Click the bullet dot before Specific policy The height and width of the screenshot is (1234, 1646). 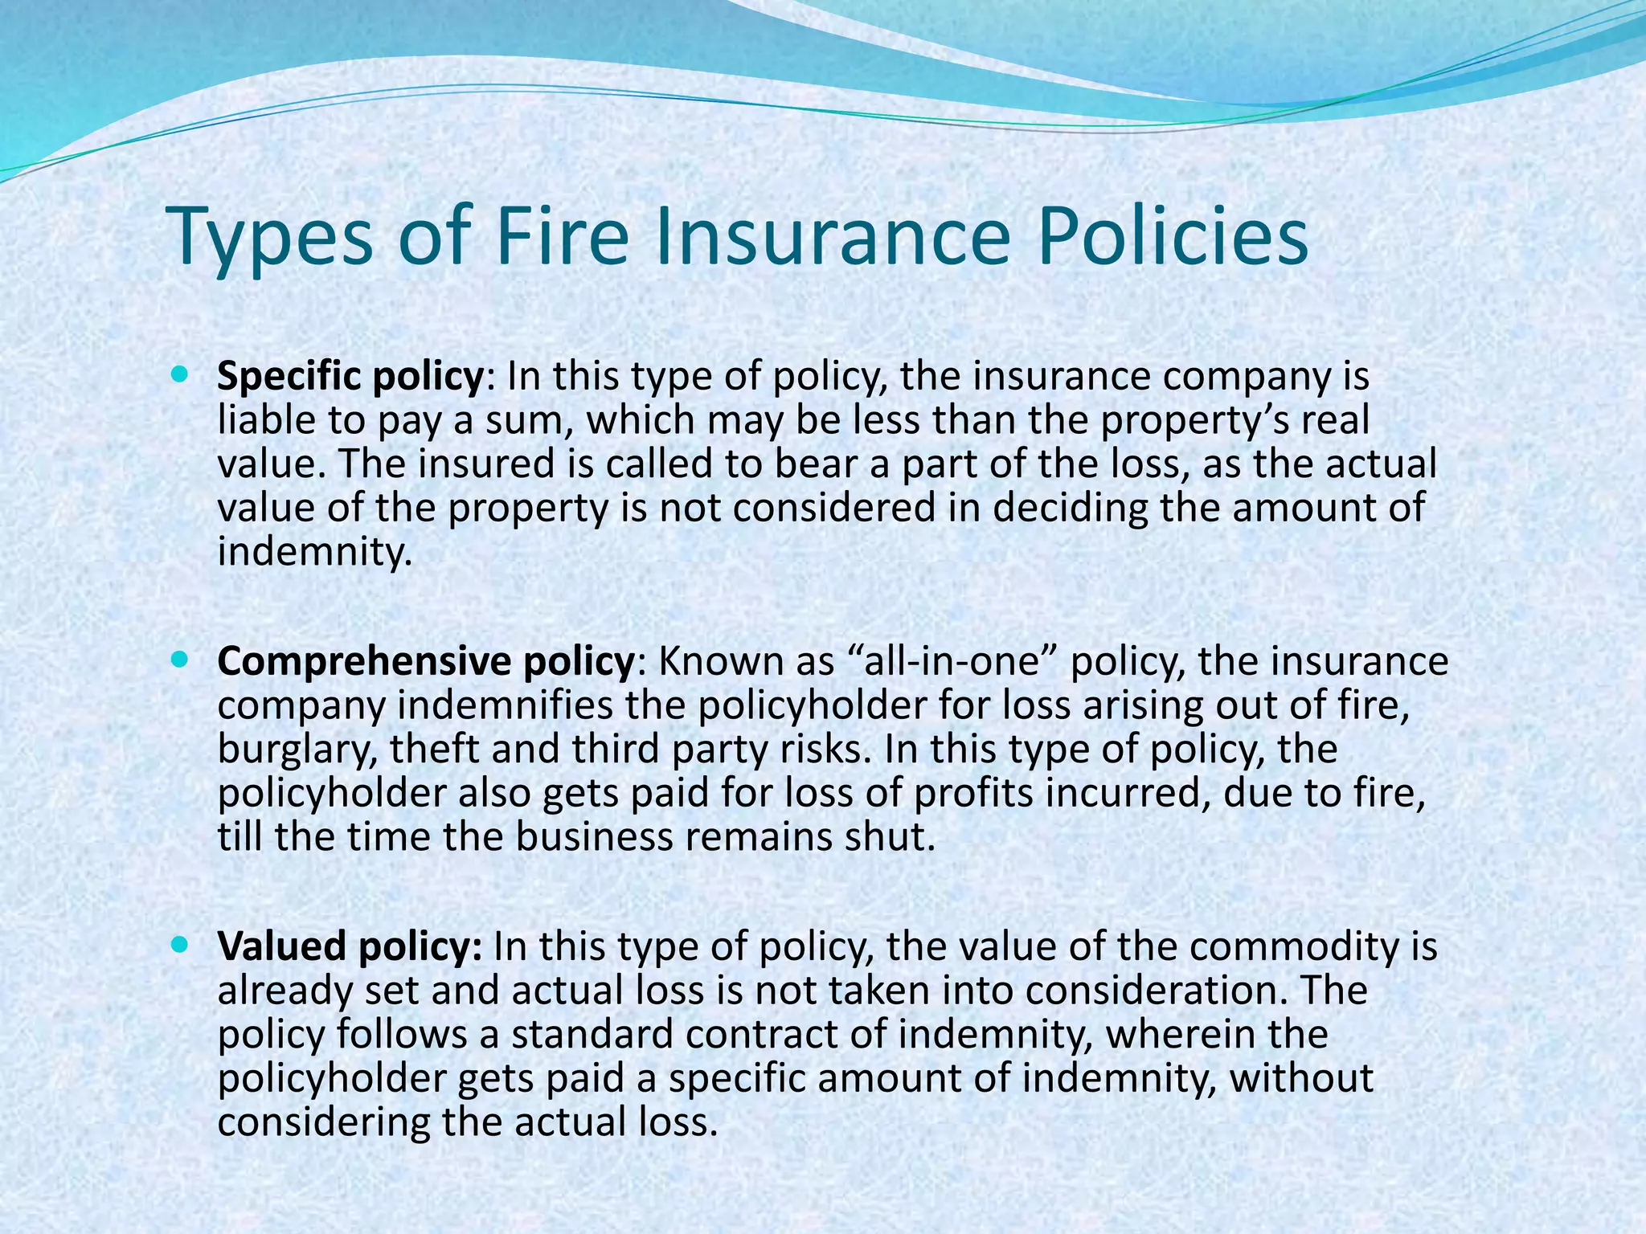pyautogui.click(x=178, y=374)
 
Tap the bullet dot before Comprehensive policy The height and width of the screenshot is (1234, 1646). pyautogui.click(x=178, y=659)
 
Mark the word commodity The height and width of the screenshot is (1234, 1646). pyautogui.click(x=1293, y=946)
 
